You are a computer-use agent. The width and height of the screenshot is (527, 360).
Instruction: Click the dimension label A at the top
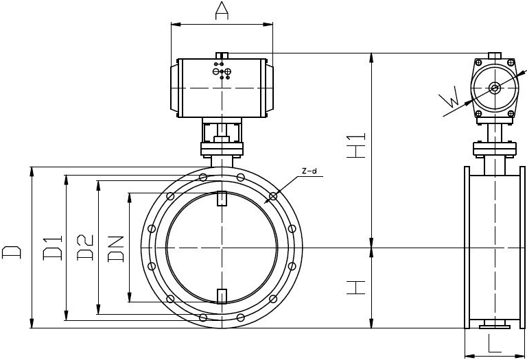222,10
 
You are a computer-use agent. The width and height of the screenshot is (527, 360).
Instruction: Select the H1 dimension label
356,145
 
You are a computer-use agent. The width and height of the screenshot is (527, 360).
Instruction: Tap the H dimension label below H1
356,287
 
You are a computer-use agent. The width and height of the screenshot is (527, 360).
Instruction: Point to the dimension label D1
52,248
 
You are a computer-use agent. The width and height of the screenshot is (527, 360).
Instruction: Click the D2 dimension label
85,248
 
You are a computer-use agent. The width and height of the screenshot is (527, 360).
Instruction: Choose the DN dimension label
116,249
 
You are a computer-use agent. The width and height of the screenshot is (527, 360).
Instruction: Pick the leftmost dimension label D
12,252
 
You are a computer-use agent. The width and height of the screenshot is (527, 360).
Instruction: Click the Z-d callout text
309,171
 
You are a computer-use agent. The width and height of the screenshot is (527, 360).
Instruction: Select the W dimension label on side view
449,97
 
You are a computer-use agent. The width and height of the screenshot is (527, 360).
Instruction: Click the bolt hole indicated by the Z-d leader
274,196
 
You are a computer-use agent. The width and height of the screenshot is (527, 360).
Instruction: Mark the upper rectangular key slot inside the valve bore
222,197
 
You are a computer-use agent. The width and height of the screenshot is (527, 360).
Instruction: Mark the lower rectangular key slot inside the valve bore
222,296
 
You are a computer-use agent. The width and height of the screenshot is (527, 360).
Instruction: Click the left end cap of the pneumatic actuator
174,88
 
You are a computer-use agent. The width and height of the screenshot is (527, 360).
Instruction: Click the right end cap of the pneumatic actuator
270,88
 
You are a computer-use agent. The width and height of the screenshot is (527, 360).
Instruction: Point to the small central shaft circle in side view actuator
494,88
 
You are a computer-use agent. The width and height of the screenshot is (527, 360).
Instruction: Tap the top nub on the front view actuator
222,56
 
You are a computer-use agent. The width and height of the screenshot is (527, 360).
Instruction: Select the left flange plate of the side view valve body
467,247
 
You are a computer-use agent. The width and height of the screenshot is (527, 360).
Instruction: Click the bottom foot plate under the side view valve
494,324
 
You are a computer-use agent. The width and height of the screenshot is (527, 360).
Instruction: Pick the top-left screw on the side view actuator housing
478,62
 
